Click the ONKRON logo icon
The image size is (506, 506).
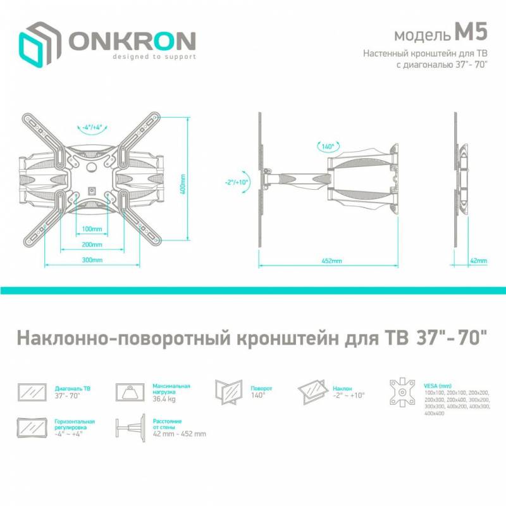tap(40, 44)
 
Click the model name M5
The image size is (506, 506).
tap(471, 32)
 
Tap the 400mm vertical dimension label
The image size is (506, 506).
tap(183, 184)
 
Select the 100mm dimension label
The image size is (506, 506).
tap(92, 229)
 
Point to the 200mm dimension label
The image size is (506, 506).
tap(92, 245)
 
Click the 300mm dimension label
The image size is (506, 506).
tap(92, 260)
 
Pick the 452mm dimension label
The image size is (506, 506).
tap(331, 261)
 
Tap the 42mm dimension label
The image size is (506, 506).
tap(479, 261)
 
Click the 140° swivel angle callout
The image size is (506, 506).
tap(328, 147)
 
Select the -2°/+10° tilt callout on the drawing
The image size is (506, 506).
tap(237, 182)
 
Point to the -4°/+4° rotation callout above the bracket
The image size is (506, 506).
tap(92, 127)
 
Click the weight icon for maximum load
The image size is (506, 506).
tap(130, 392)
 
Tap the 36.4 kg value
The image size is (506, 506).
tap(164, 399)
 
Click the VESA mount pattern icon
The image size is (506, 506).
tap(402, 392)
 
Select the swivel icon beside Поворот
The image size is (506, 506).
tap(229, 392)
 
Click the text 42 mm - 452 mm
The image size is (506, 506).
tap(180, 434)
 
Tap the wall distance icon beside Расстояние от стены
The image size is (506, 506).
tap(131, 428)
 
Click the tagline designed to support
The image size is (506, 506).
tap(154, 57)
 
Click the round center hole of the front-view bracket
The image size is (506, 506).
tap(92, 167)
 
